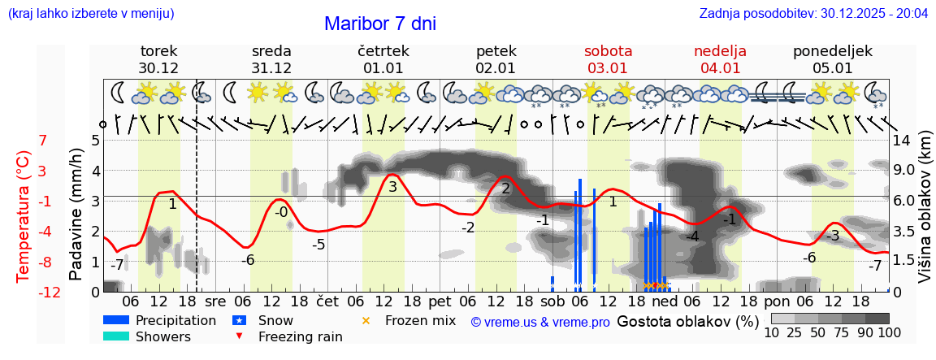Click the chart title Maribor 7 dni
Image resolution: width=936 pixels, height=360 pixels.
click(380, 24)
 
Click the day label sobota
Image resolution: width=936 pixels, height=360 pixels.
click(608, 51)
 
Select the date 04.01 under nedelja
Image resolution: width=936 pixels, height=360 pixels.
click(720, 68)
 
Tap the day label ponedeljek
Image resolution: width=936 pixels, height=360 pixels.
click(833, 51)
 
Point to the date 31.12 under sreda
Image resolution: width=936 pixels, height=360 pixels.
click(271, 68)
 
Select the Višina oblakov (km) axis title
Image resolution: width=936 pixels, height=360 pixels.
click(925, 215)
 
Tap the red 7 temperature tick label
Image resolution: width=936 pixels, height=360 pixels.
click(42, 141)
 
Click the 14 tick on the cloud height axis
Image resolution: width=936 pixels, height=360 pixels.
click(902, 141)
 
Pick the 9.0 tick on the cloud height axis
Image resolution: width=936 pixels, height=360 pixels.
click(905, 171)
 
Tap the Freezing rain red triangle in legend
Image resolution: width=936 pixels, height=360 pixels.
click(238, 336)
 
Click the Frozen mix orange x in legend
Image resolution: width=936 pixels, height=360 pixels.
click(366, 321)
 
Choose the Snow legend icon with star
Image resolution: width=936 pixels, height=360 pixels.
click(238, 321)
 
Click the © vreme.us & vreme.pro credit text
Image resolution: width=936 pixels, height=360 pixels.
click(540, 322)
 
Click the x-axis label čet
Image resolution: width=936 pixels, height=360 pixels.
click(327, 301)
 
